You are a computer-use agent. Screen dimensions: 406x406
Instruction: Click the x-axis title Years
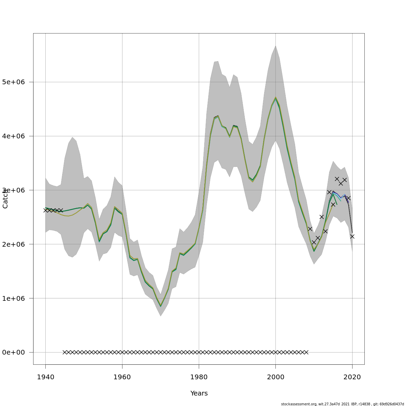click(199, 393)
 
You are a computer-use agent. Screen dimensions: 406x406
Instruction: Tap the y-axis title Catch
click(5, 199)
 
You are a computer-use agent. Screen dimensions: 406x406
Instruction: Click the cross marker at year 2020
click(352, 236)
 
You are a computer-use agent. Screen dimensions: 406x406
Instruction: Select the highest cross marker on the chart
click(337, 179)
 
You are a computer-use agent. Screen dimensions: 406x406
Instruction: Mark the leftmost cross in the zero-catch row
click(65, 352)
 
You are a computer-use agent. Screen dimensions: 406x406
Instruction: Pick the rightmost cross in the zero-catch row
click(306, 352)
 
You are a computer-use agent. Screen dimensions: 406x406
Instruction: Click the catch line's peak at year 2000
click(275, 98)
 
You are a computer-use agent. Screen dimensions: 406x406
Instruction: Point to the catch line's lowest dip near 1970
click(161, 306)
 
